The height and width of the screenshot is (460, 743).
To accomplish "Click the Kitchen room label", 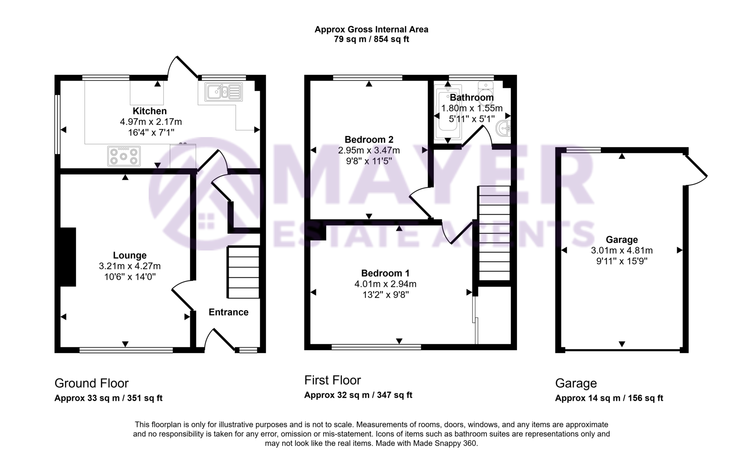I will (x=149, y=111).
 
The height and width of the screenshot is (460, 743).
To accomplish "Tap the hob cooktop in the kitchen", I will (x=124, y=156).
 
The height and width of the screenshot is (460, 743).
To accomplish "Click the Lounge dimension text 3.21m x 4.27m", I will (x=130, y=266).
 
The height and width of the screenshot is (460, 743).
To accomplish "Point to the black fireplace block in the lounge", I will (x=68, y=257).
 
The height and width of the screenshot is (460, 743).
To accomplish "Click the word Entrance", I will (x=228, y=312).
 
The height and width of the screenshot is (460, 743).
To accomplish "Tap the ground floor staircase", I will (x=243, y=272).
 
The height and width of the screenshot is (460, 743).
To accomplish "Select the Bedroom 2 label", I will (x=369, y=140).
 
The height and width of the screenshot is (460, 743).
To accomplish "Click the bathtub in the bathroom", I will (x=448, y=112).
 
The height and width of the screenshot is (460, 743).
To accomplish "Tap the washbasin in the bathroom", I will (x=504, y=128).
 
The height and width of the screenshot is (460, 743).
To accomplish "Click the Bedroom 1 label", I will (x=385, y=273).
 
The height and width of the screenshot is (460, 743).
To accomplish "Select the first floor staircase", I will (x=494, y=233).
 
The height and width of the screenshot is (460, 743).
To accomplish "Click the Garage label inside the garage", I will (x=621, y=240).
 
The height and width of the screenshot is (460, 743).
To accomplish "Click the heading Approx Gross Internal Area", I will (x=371, y=30).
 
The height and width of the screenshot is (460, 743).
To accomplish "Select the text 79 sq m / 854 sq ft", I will (x=371, y=40).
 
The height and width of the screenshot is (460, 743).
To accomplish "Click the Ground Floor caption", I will (x=91, y=383).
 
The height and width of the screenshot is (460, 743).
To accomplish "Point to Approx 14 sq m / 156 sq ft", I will (x=609, y=398).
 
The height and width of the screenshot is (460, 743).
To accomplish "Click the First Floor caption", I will (x=332, y=380).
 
